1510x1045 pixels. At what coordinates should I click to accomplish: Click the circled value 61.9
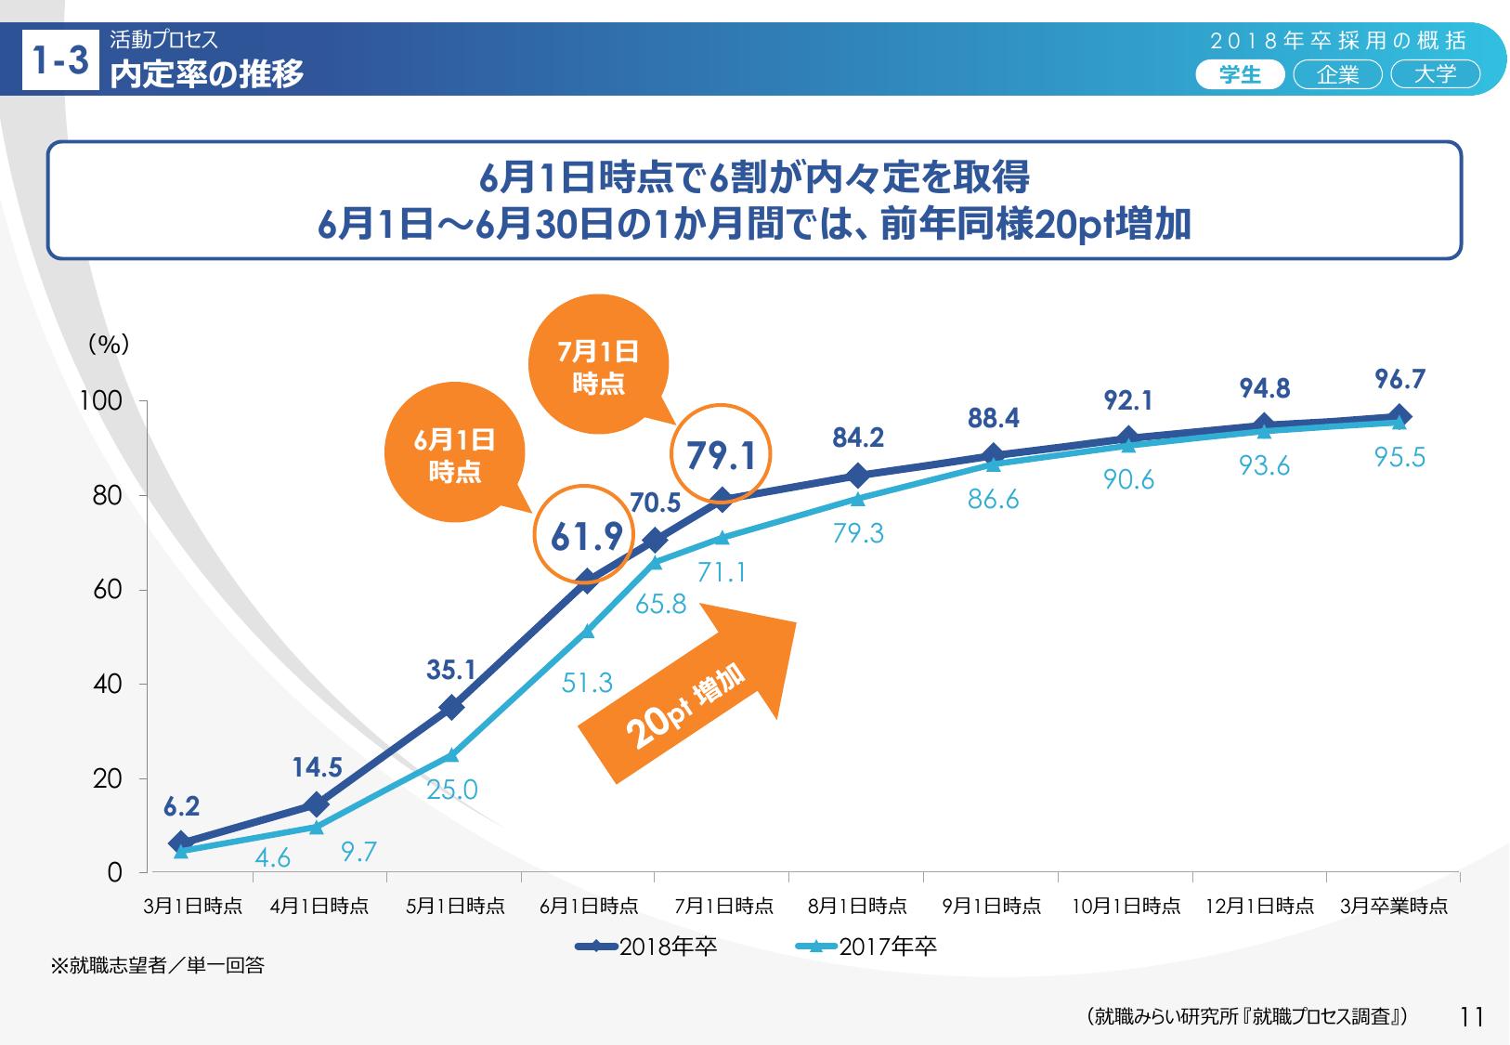pos(586,535)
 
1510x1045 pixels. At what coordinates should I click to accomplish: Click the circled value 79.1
pos(721,456)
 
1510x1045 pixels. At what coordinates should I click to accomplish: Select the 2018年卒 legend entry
pos(647,947)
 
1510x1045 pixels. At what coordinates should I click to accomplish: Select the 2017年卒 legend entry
pos(867,947)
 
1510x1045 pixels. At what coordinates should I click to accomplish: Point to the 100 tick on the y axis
pos(102,401)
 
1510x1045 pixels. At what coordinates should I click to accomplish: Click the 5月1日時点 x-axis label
pos(455,906)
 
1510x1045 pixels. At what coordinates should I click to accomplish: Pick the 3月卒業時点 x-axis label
pos(1393,906)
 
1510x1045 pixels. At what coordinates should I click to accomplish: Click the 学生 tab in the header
pos(1240,75)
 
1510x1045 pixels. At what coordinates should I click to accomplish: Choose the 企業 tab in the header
pos(1337,75)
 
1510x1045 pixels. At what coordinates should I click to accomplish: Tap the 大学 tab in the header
pos(1435,75)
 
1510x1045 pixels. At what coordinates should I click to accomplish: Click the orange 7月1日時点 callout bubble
pos(599,366)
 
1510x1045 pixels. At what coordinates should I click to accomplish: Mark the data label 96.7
pos(1399,380)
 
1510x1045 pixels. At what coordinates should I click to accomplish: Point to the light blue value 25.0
pos(452,790)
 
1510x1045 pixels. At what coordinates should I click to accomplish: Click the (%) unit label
pos(109,345)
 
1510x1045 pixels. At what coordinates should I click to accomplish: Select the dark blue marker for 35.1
pos(452,707)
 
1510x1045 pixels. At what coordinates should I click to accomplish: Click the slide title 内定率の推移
pos(207,73)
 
